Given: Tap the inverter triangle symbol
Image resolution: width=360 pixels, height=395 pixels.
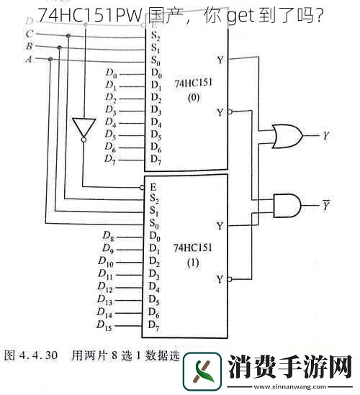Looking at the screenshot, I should click(82, 129).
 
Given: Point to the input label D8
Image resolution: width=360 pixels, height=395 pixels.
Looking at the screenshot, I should click(107, 236).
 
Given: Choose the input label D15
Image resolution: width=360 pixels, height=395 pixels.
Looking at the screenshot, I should click(105, 327).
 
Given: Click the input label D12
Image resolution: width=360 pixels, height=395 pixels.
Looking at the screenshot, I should click(105, 288).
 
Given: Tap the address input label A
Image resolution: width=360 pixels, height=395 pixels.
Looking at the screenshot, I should click(29, 58).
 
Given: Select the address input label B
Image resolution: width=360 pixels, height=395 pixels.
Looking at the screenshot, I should click(29, 46).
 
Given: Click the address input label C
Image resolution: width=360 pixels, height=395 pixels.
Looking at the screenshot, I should click(29, 34).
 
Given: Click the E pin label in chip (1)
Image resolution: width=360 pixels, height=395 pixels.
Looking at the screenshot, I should click(153, 185).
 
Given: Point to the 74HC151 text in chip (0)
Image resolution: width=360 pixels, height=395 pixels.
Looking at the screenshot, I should click(188, 82).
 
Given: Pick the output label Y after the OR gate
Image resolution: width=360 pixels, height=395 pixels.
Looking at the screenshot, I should click(326, 135).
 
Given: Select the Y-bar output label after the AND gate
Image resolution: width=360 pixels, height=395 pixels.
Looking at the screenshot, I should click(327, 205).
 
